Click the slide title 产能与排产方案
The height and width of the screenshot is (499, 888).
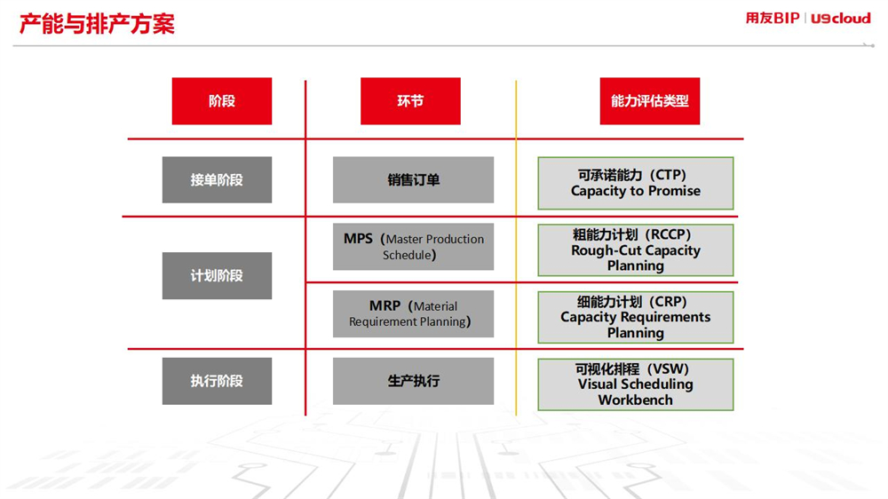[97, 24]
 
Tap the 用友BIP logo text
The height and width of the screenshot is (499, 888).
[772, 18]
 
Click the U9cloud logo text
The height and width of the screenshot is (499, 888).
[840, 19]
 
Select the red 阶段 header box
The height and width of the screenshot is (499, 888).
[222, 101]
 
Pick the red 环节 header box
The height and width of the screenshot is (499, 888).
[410, 101]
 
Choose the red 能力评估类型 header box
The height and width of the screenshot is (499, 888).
[650, 101]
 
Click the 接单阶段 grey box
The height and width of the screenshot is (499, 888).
[217, 179]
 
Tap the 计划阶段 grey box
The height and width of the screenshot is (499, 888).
[217, 276]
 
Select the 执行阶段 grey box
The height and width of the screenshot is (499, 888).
[217, 381]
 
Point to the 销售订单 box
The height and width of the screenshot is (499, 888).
[414, 179]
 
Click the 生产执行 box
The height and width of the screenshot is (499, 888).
[414, 381]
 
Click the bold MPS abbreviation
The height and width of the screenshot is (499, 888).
[358, 239]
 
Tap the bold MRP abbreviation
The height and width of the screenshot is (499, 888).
[385, 305]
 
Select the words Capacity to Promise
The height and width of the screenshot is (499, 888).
[636, 191]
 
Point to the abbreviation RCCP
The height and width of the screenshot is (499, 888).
[670, 234]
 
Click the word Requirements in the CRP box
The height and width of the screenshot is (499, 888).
[667, 317]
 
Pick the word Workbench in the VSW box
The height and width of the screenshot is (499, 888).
[636, 400]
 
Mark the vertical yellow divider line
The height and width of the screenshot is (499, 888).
[516, 248]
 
